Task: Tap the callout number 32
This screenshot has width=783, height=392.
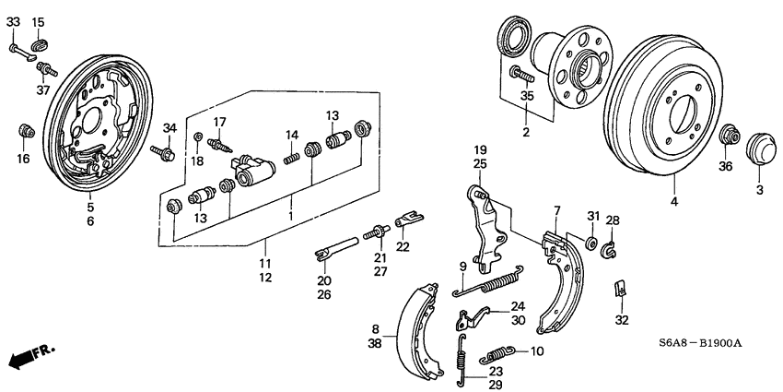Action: [622, 320]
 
